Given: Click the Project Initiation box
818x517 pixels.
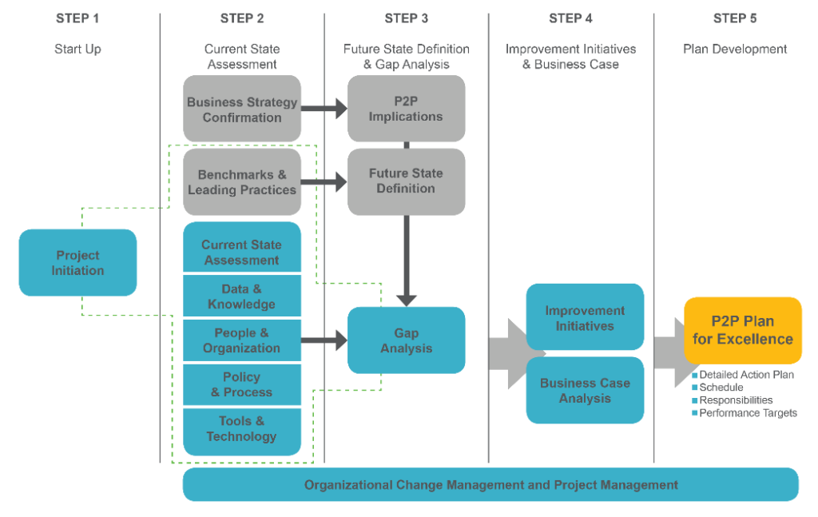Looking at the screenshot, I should coord(77,263).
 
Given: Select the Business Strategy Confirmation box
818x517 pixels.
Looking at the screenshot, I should coord(242,109).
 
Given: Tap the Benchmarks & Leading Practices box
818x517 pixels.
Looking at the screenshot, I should coord(242,182).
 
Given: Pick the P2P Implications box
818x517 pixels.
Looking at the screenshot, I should coord(406,109).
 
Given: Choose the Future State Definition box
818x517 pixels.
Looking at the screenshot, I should coord(406,181).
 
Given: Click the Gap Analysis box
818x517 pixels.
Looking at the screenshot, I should coord(406,340).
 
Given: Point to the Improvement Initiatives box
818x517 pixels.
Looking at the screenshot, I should coord(585,317).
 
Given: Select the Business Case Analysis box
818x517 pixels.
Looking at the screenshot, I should coord(585,390).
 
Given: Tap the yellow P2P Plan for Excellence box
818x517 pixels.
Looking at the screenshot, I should coord(743,330).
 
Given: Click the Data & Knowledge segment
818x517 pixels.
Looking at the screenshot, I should coord(242,296).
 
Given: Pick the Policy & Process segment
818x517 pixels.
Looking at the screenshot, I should coord(242,384).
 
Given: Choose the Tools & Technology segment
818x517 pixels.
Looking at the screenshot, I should coord(242,429).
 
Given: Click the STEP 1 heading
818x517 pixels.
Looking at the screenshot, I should coord(77,18).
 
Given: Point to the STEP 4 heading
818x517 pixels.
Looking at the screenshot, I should coord(570,18).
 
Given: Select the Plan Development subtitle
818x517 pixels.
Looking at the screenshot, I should coord(735,49).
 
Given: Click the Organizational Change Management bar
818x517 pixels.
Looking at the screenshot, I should coord(490,485).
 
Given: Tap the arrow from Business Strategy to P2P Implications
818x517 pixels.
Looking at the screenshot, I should coord(324,109).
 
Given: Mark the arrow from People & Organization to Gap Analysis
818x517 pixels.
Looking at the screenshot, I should coord(324,340).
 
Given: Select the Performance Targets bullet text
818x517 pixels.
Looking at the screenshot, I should coord(748,413).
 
